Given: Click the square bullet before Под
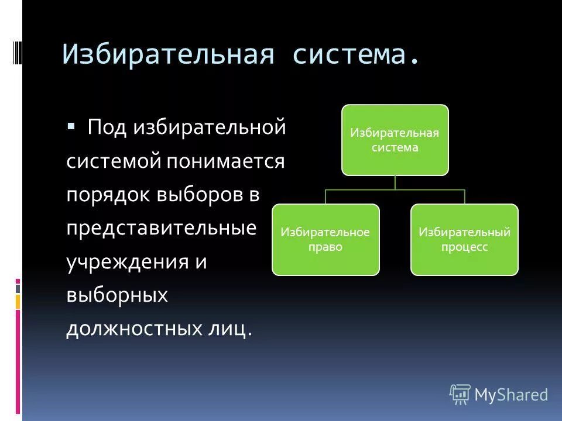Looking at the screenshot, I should tap(71, 126).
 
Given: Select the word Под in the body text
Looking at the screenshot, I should tap(107, 127).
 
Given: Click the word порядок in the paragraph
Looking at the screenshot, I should tap(108, 195).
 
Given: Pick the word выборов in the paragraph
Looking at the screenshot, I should tap(196, 195).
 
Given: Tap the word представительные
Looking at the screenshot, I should tap(161, 228).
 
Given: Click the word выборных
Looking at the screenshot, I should tap(117, 295).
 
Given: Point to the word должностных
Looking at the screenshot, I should tap(138, 329).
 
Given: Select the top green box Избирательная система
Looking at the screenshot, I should tap(395, 140).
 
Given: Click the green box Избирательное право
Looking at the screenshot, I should tap(325, 240).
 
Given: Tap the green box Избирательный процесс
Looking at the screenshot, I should tap(464, 240).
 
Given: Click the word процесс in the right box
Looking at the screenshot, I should tap(464, 247).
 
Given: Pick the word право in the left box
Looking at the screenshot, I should tap(325, 247).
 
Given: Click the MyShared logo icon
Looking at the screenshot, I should tap(460, 395).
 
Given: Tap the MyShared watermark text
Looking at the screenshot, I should tap(511, 395).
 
